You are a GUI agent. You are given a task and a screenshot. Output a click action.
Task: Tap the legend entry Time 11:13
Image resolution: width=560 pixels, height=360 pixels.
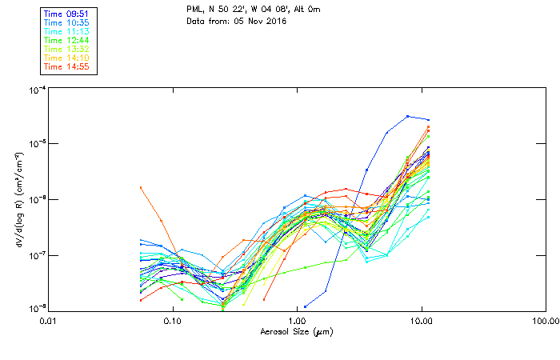tap(68, 32)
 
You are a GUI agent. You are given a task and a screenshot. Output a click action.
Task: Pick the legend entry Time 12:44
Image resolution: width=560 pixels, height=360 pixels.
tap(68, 41)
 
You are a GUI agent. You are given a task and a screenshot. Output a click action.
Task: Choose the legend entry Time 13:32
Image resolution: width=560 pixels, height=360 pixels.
tap(68, 50)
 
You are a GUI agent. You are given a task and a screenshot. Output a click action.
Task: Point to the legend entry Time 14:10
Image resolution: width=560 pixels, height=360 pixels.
tap(68, 58)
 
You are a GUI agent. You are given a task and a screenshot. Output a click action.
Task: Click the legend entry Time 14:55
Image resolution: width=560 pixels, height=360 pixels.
tap(68, 66)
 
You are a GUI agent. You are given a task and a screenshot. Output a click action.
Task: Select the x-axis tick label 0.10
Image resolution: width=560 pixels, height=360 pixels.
tap(172, 320)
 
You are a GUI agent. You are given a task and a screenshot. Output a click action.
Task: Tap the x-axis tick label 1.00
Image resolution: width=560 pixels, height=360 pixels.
tap(297, 320)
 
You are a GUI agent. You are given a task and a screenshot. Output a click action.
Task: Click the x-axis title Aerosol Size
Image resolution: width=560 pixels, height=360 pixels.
tap(297, 331)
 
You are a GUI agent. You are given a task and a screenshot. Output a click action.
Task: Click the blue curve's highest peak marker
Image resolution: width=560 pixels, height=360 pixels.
tap(408, 116)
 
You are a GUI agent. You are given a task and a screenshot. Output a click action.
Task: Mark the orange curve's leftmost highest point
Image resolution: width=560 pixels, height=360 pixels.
tap(141, 187)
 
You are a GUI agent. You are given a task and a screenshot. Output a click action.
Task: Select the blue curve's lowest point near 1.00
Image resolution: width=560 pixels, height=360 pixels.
tap(306, 306)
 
